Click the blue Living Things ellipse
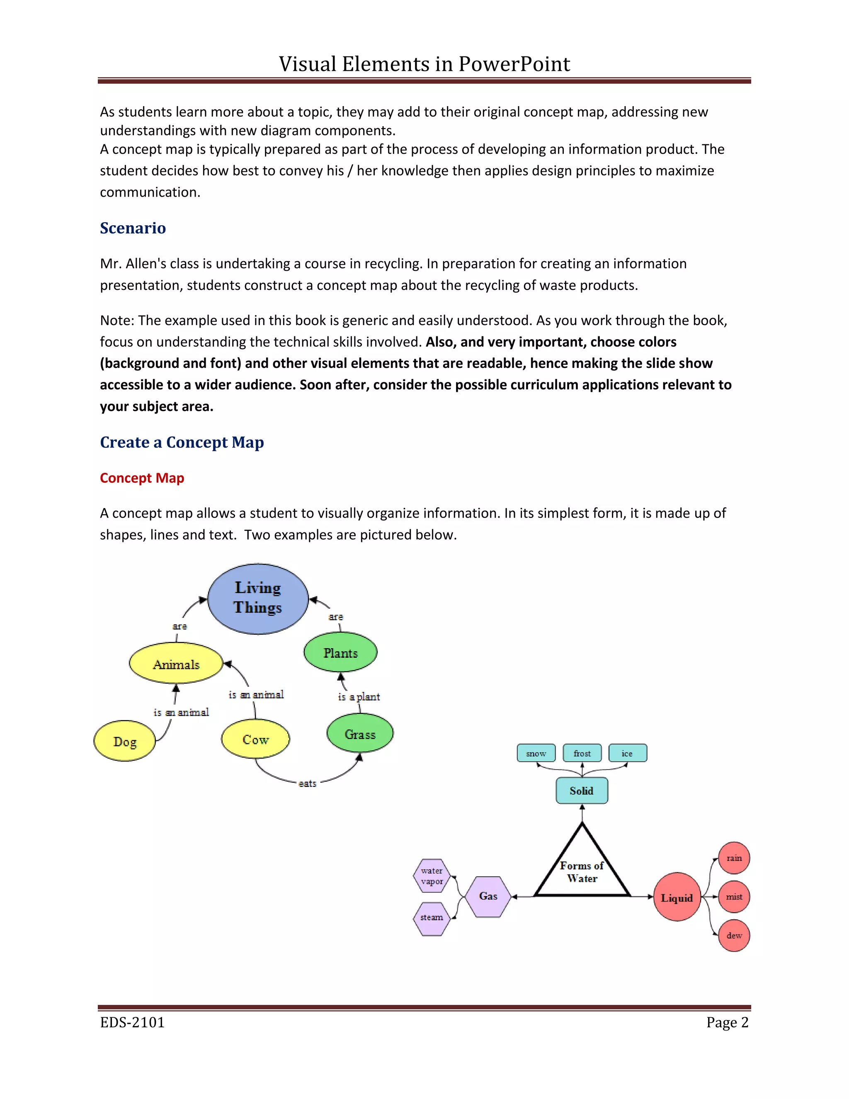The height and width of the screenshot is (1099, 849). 258,598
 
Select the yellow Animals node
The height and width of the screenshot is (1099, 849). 176,664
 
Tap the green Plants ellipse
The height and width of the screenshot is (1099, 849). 340,653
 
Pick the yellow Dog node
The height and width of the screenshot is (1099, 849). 125,741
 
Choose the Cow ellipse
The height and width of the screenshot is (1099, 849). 255,739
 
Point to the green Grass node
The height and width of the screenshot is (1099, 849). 360,734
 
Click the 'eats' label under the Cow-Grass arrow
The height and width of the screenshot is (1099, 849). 307,783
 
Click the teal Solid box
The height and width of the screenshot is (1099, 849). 582,790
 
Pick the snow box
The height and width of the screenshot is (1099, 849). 536,753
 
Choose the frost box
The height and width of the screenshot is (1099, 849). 582,753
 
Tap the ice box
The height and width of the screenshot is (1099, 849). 627,753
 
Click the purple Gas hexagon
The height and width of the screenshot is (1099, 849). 488,896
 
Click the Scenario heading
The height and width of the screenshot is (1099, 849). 133,228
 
